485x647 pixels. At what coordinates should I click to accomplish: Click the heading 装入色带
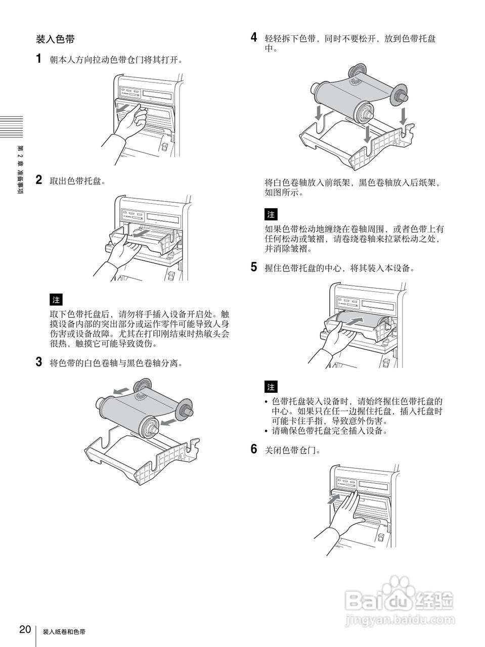(55, 39)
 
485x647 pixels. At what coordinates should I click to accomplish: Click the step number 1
(38, 58)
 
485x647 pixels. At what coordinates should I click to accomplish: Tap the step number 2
(39, 179)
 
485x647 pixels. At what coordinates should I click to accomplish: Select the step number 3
(39, 362)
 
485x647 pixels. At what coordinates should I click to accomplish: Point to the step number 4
(254, 37)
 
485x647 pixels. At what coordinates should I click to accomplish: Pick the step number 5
(254, 267)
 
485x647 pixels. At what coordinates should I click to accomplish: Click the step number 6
(254, 449)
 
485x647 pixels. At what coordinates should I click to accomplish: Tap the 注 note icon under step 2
(56, 299)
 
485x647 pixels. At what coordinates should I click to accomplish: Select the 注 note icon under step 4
(271, 214)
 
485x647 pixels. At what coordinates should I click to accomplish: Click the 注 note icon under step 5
(271, 387)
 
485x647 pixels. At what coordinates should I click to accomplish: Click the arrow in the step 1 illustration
(123, 108)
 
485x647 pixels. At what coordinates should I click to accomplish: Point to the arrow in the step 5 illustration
(354, 321)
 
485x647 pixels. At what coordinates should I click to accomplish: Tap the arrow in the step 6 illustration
(333, 499)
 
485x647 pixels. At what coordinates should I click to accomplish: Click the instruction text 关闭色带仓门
(292, 450)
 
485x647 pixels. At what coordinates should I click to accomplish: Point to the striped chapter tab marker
(12, 127)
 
